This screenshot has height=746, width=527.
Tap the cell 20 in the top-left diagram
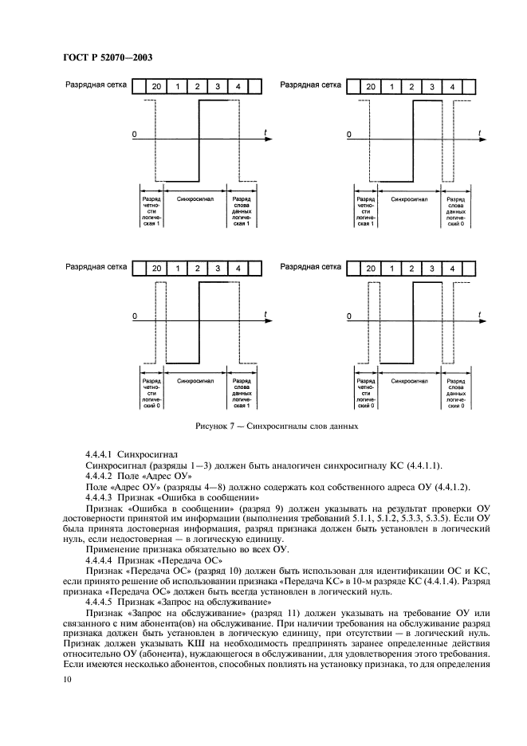tap(155, 86)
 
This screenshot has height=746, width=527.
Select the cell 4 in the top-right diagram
tap(452, 86)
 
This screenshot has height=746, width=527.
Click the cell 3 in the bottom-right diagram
tap(431, 269)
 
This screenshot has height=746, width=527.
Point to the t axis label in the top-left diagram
tap(265, 130)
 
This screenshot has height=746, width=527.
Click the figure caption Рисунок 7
tap(272, 426)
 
